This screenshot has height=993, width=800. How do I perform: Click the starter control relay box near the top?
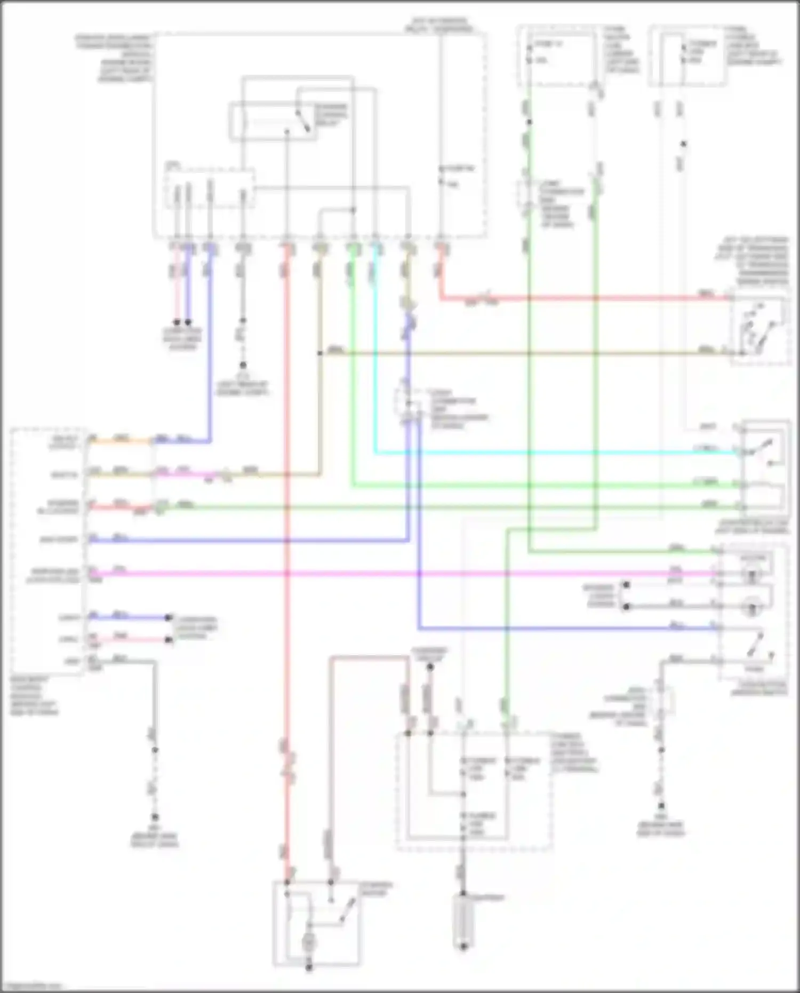273,122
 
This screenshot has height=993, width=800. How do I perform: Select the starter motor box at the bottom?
316,923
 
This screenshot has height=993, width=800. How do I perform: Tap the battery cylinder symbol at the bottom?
463,920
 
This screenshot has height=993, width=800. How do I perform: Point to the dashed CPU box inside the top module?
210,189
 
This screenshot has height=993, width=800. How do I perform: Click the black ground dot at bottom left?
155,817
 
